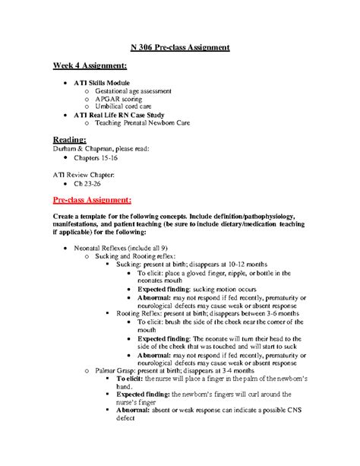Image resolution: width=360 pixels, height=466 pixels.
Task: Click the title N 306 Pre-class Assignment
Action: (180, 47)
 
